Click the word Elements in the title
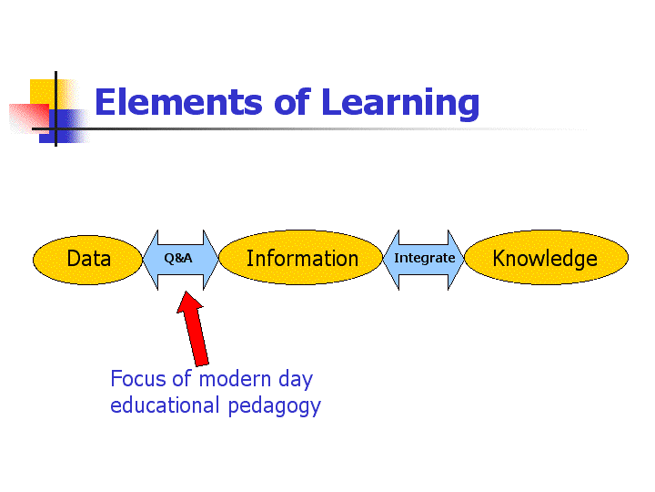click(179, 102)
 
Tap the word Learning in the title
click(400, 104)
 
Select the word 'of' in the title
click(292, 101)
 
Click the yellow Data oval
click(87, 260)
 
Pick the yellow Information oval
click(301, 257)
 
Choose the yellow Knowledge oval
click(546, 257)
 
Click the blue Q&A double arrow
click(180, 260)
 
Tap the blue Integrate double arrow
click(424, 260)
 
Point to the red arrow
click(193, 329)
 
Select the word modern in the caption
click(236, 379)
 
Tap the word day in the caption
click(296, 380)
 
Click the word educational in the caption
click(165, 405)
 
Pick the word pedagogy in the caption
click(275, 406)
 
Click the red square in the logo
click(30, 118)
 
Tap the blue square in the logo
click(64, 127)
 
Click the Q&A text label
click(178, 258)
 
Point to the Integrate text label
click(425, 259)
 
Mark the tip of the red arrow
click(185, 292)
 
